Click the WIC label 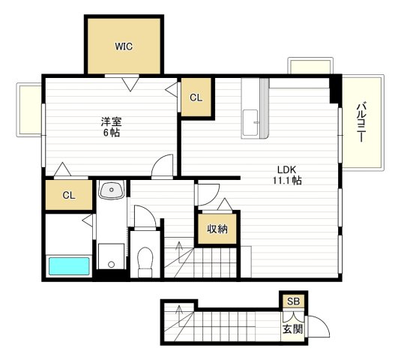pos(124,46)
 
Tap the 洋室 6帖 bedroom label pos(111,127)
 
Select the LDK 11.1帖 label pos(287,175)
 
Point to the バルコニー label pos(361,122)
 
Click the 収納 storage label pos(217,229)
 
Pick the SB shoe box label pos(293,301)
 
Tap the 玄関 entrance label pos(293,328)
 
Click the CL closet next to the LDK pos(196,97)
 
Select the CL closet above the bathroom pos(69,196)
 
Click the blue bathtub pos(69,266)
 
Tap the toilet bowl pos(145,262)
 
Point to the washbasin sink pos(112,190)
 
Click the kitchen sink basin pos(250,123)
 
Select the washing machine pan pos(112,256)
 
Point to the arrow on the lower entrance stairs pos(179,316)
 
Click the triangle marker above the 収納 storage pos(225,204)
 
